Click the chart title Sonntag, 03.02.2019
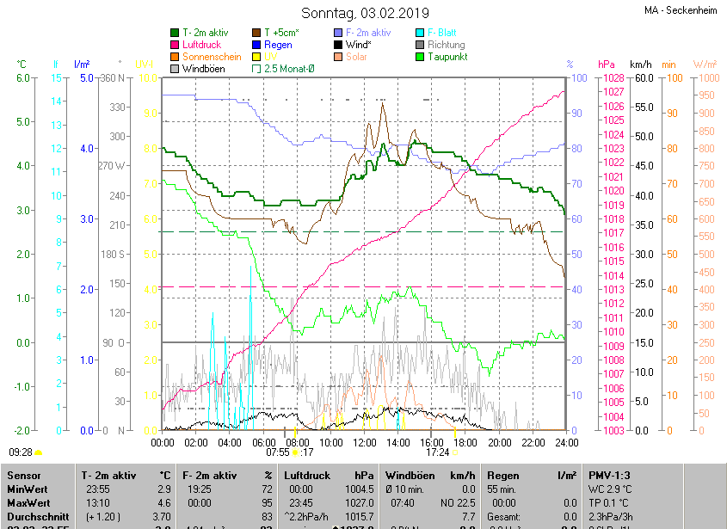(x=365, y=13)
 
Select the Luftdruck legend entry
(x=201, y=45)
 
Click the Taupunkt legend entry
(x=447, y=57)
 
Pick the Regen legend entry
(x=278, y=45)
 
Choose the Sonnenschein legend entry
(x=212, y=57)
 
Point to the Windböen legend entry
(x=204, y=69)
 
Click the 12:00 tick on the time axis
(x=365, y=442)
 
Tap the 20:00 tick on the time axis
(x=499, y=442)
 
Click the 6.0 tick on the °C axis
(x=22, y=78)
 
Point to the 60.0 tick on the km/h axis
(x=642, y=78)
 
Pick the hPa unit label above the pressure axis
(x=607, y=65)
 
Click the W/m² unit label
(x=704, y=65)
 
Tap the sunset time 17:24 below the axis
(x=437, y=452)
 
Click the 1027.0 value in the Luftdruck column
(x=360, y=502)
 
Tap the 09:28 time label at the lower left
(x=21, y=452)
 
